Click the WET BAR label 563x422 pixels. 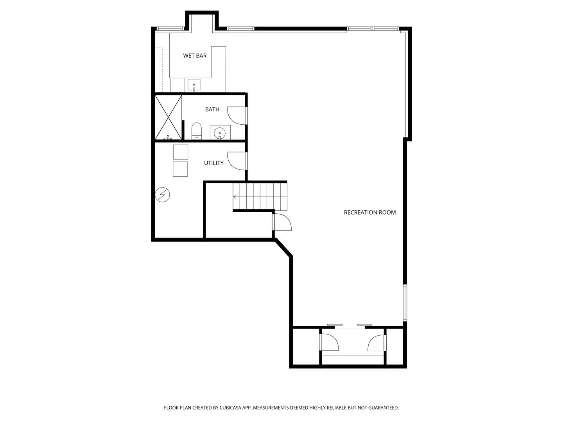(195, 55)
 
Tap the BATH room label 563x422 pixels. (212, 109)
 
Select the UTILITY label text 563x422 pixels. (213, 163)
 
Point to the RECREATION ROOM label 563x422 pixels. (369, 213)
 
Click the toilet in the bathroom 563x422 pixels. (197, 131)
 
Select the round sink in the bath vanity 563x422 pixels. (220, 133)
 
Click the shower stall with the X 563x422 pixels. (168, 117)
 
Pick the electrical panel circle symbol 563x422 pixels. (162, 195)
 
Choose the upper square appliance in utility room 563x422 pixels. (180, 152)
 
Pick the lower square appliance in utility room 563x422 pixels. (180, 169)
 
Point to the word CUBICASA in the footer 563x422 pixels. (230, 408)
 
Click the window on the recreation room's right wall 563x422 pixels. (405, 303)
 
